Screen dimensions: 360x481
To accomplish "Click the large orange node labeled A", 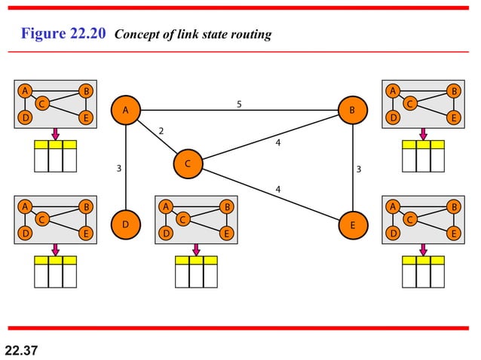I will [126, 111].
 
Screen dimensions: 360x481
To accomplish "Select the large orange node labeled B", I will [352, 111].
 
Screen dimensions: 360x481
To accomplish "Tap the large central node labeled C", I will [188, 163].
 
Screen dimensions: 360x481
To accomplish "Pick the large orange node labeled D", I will [126, 224].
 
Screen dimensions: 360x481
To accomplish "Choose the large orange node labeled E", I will [352, 224].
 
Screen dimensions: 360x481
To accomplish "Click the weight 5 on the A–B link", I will [239, 104].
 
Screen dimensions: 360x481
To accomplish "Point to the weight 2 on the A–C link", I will [161, 131].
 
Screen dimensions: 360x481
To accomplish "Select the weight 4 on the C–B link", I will [278, 142].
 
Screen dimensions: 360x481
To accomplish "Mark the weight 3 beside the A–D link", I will [118, 169].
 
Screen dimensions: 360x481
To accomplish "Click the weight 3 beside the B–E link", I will [359, 169].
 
